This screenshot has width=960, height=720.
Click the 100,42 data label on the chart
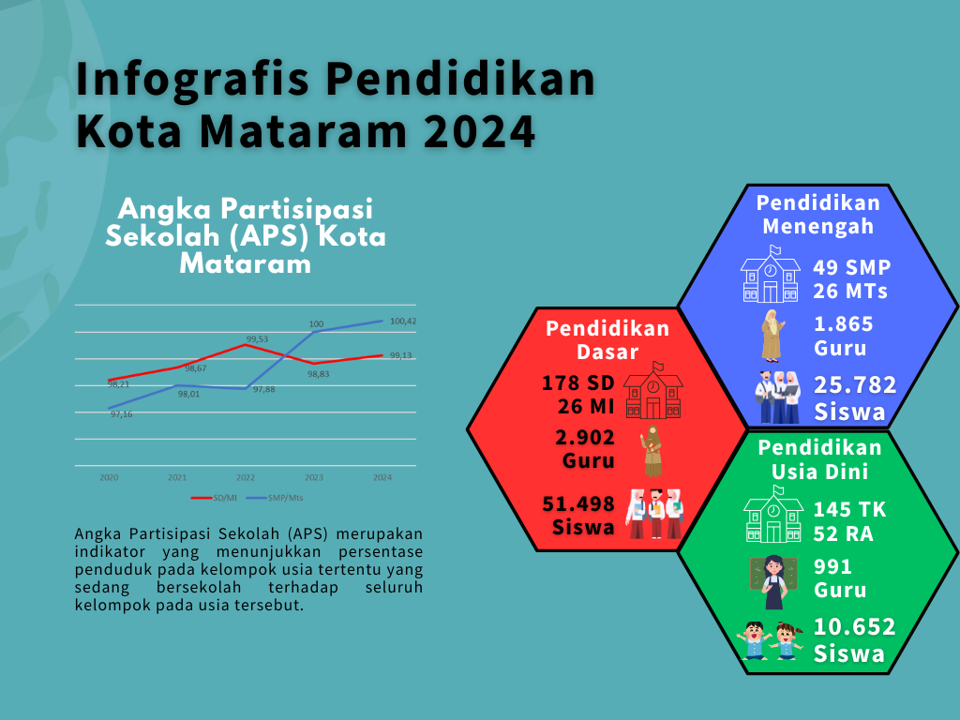[x=403, y=321]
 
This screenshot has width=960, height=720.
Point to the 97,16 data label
[x=121, y=414]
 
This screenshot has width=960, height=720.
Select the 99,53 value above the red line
[x=257, y=339]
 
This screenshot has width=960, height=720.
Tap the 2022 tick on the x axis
[x=246, y=477]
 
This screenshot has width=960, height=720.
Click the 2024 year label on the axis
[x=382, y=477]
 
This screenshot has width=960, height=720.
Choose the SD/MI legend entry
[x=214, y=498]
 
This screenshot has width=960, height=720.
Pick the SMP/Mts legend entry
[x=275, y=498]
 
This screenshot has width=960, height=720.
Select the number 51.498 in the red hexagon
[x=578, y=503]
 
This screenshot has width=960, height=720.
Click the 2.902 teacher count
[x=585, y=437]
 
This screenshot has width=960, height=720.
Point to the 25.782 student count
[x=855, y=385]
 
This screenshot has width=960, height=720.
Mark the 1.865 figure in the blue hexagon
[x=843, y=323]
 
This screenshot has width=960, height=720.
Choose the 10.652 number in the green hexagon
[x=855, y=627]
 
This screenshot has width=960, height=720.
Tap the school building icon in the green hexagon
[x=773, y=515]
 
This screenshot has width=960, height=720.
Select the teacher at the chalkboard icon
[x=773, y=581]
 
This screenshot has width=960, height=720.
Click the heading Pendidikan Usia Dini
[x=819, y=459]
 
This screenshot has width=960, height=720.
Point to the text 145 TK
[x=849, y=509]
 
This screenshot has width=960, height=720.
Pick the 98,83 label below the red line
[x=319, y=374]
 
